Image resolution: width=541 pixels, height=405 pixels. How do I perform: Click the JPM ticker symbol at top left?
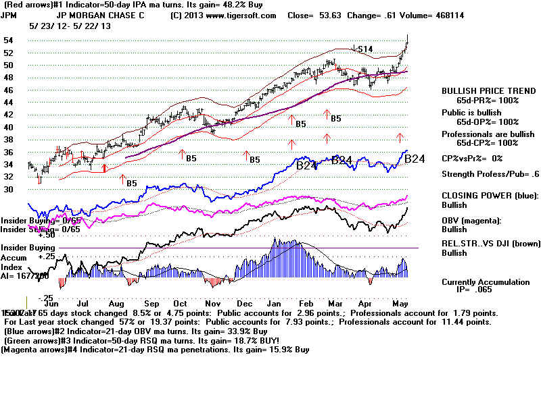tap(9, 15)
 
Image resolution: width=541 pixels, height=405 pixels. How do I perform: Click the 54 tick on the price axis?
tap(9, 40)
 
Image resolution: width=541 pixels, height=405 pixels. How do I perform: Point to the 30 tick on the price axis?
tap(9, 190)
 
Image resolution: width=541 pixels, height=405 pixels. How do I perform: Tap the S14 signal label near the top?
tap(366, 49)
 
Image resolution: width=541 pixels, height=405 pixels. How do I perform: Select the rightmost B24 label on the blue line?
tap(414, 159)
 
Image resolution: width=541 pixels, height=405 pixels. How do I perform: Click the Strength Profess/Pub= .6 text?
tap(490, 174)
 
